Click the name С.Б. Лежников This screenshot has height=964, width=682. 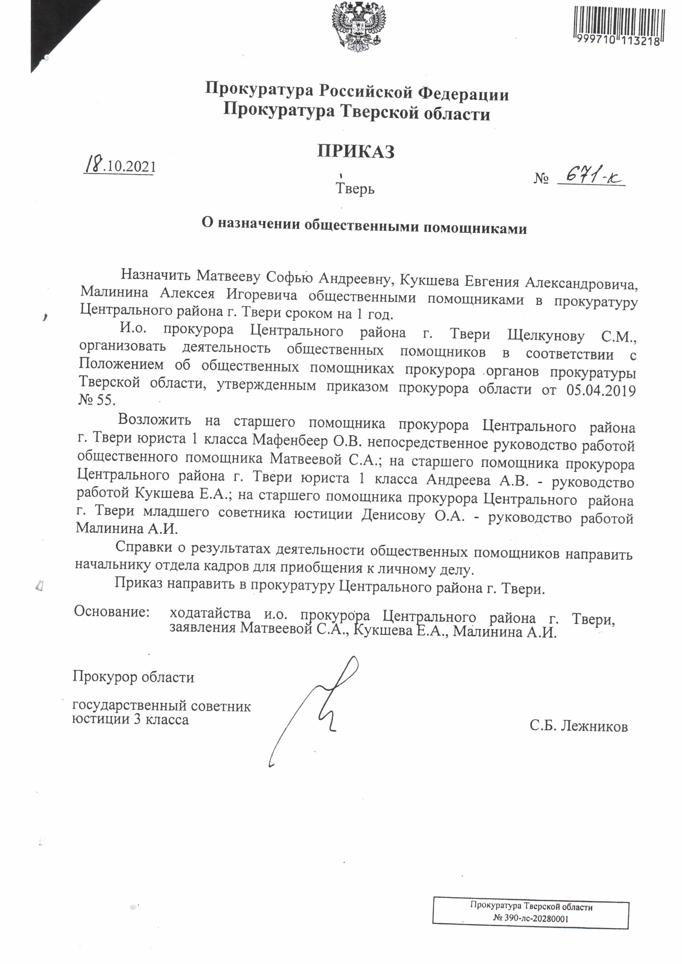[x=578, y=726]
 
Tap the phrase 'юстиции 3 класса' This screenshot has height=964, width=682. [x=130, y=720]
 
